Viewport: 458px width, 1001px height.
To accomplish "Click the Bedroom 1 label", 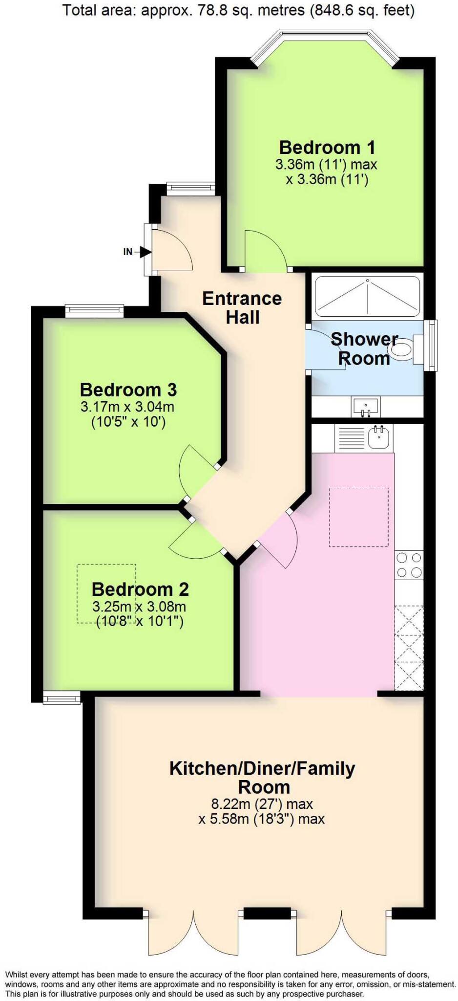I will click(327, 147).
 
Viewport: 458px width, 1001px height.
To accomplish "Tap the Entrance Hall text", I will click(242, 308).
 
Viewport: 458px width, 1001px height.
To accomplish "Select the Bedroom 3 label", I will click(128, 390).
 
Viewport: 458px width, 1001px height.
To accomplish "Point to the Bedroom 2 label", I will click(140, 589).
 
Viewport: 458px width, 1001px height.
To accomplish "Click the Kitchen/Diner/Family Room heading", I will click(262, 778).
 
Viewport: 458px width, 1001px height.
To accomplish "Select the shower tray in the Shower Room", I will click(367, 297).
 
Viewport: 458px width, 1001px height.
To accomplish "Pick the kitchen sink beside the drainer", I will click(378, 436).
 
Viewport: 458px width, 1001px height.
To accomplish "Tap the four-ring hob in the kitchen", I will click(409, 565).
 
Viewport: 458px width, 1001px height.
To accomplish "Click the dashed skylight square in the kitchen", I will click(359, 517).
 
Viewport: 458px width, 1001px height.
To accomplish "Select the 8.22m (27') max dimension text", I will click(262, 804).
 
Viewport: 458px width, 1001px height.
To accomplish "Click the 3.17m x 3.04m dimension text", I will click(127, 406).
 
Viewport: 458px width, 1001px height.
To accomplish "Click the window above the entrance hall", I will click(190, 187).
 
